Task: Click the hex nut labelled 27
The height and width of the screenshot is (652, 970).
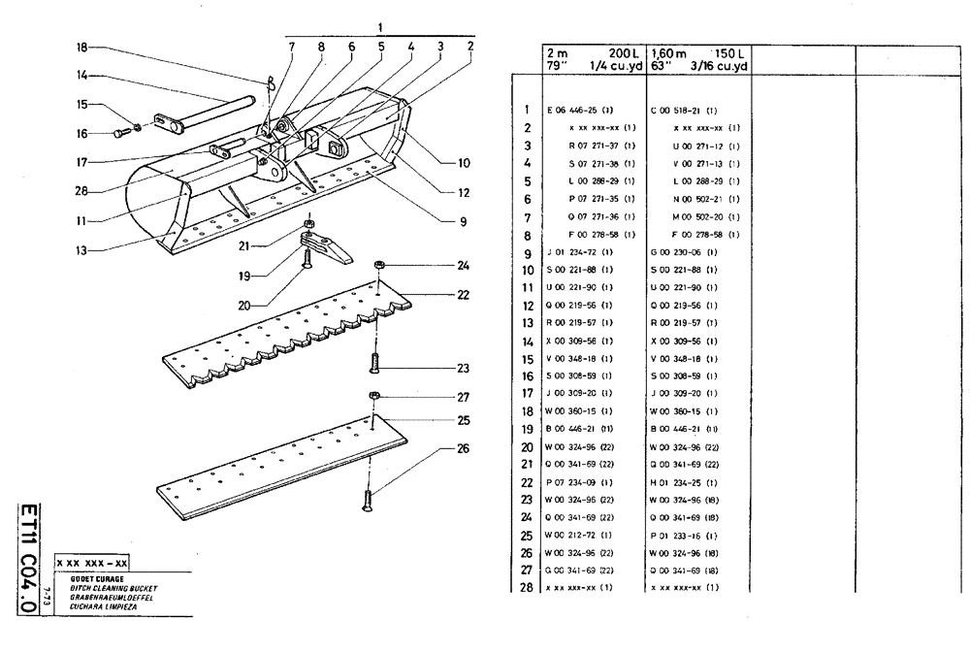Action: point(374,396)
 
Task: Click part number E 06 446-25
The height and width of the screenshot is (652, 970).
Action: point(581,111)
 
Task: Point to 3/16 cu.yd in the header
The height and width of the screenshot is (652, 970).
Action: point(719,65)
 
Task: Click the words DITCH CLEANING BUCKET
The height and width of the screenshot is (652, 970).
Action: point(113,588)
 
